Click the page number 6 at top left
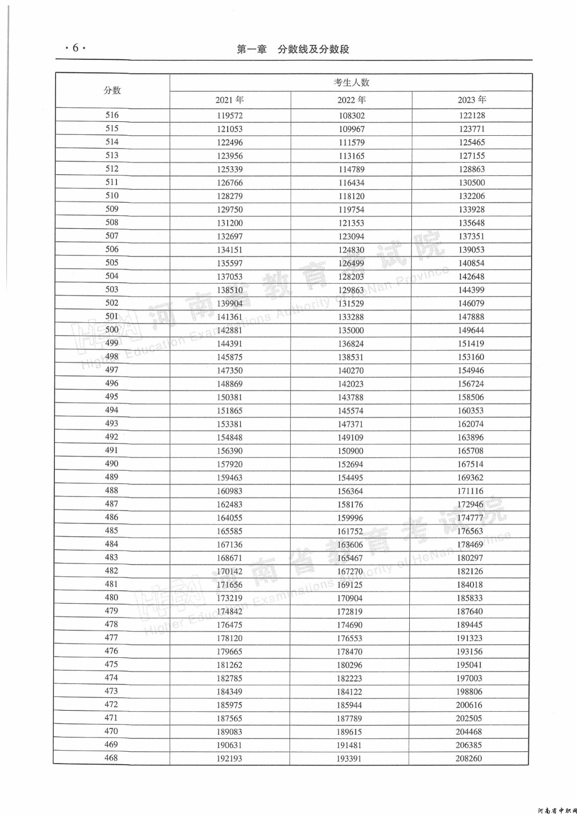[75, 48]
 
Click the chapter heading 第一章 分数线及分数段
[293, 49]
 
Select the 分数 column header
[112, 90]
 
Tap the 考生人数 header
[352, 82]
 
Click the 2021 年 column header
[230, 100]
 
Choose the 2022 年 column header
[352, 100]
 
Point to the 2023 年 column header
[472, 100]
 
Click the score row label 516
[112, 115]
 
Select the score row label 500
[112, 330]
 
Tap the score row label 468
[111, 758]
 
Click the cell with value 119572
[230, 115]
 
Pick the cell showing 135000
[351, 330]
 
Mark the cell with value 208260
[469, 758]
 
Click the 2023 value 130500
[472, 183]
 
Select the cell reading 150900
[350, 451]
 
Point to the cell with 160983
[230, 491]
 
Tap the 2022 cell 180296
[349, 665]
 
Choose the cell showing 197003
[469, 678]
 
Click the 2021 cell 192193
[229, 758]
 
